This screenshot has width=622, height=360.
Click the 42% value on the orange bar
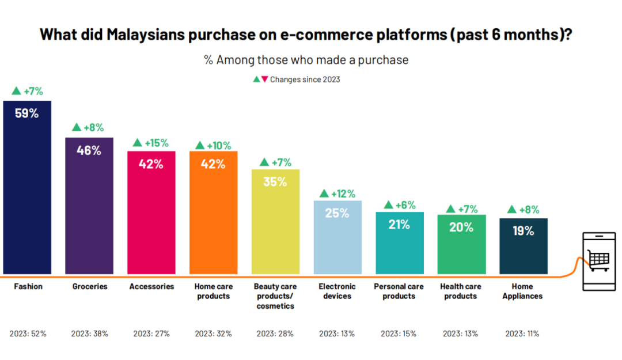tap(213, 164)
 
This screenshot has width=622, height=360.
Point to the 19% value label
tap(523, 231)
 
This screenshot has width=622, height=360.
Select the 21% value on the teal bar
tap(399, 225)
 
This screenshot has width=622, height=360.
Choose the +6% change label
tap(399, 205)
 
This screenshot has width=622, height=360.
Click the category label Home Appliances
tap(522, 291)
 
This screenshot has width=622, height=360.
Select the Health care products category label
tap(461, 291)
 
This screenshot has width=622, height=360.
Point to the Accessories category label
tap(151, 286)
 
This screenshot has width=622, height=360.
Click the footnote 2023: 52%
tap(28, 334)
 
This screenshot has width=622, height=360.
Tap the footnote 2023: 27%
tap(151, 334)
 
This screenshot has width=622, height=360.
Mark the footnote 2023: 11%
tap(522, 334)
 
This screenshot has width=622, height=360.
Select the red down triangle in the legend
tap(265, 79)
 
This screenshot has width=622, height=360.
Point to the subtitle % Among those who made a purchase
tap(306, 60)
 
